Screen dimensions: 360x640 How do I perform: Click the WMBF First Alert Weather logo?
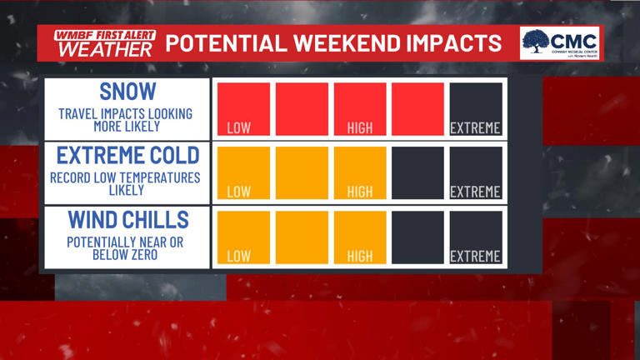(x=104, y=42)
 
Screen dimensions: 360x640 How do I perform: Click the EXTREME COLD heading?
(x=127, y=155)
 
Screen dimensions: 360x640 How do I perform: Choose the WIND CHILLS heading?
(x=127, y=219)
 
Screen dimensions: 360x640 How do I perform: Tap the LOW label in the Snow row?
(x=239, y=128)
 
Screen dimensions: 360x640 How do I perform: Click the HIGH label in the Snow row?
(x=360, y=128)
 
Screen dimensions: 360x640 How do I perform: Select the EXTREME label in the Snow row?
(x=475, y=128)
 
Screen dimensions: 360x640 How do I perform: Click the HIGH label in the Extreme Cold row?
(x=360, y=192)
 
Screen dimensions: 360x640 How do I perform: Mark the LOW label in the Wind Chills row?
(x=239, y=256)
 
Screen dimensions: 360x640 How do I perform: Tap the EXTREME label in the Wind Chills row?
(x=475, y=256)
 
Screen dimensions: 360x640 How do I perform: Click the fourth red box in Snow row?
(x=417, y=108)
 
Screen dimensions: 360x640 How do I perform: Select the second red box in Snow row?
(x=302, y=108)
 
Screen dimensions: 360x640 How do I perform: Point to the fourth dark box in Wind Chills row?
(x=417, y=237)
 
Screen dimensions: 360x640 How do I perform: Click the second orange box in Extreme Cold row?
(x=302, y=172)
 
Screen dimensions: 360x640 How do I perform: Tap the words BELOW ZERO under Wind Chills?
(x=125, y=254)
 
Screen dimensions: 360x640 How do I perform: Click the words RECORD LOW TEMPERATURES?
(x=125, y=177)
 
